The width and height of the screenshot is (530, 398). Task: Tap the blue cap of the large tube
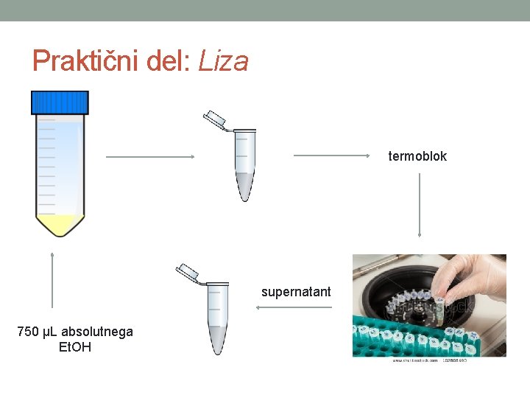pos(60,102)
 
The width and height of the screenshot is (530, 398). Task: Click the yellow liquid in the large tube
pos(60,223)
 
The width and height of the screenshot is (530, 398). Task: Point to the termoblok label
pos(417,156)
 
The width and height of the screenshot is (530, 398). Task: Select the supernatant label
pos(296,292)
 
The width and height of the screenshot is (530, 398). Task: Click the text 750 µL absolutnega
pos(75,332)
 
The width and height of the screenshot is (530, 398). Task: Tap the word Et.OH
pos(74,346)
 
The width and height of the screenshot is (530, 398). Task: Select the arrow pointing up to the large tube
pos(52,279)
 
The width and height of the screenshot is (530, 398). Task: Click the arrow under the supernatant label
pos(293,307)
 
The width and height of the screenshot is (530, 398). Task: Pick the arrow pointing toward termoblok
pos(331,156)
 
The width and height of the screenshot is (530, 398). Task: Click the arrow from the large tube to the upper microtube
pos(150,156)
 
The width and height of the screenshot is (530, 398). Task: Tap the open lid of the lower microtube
pos(188,272)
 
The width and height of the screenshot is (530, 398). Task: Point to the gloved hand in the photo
pos(471,280)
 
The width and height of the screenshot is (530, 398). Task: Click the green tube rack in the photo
pos(427,339)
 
